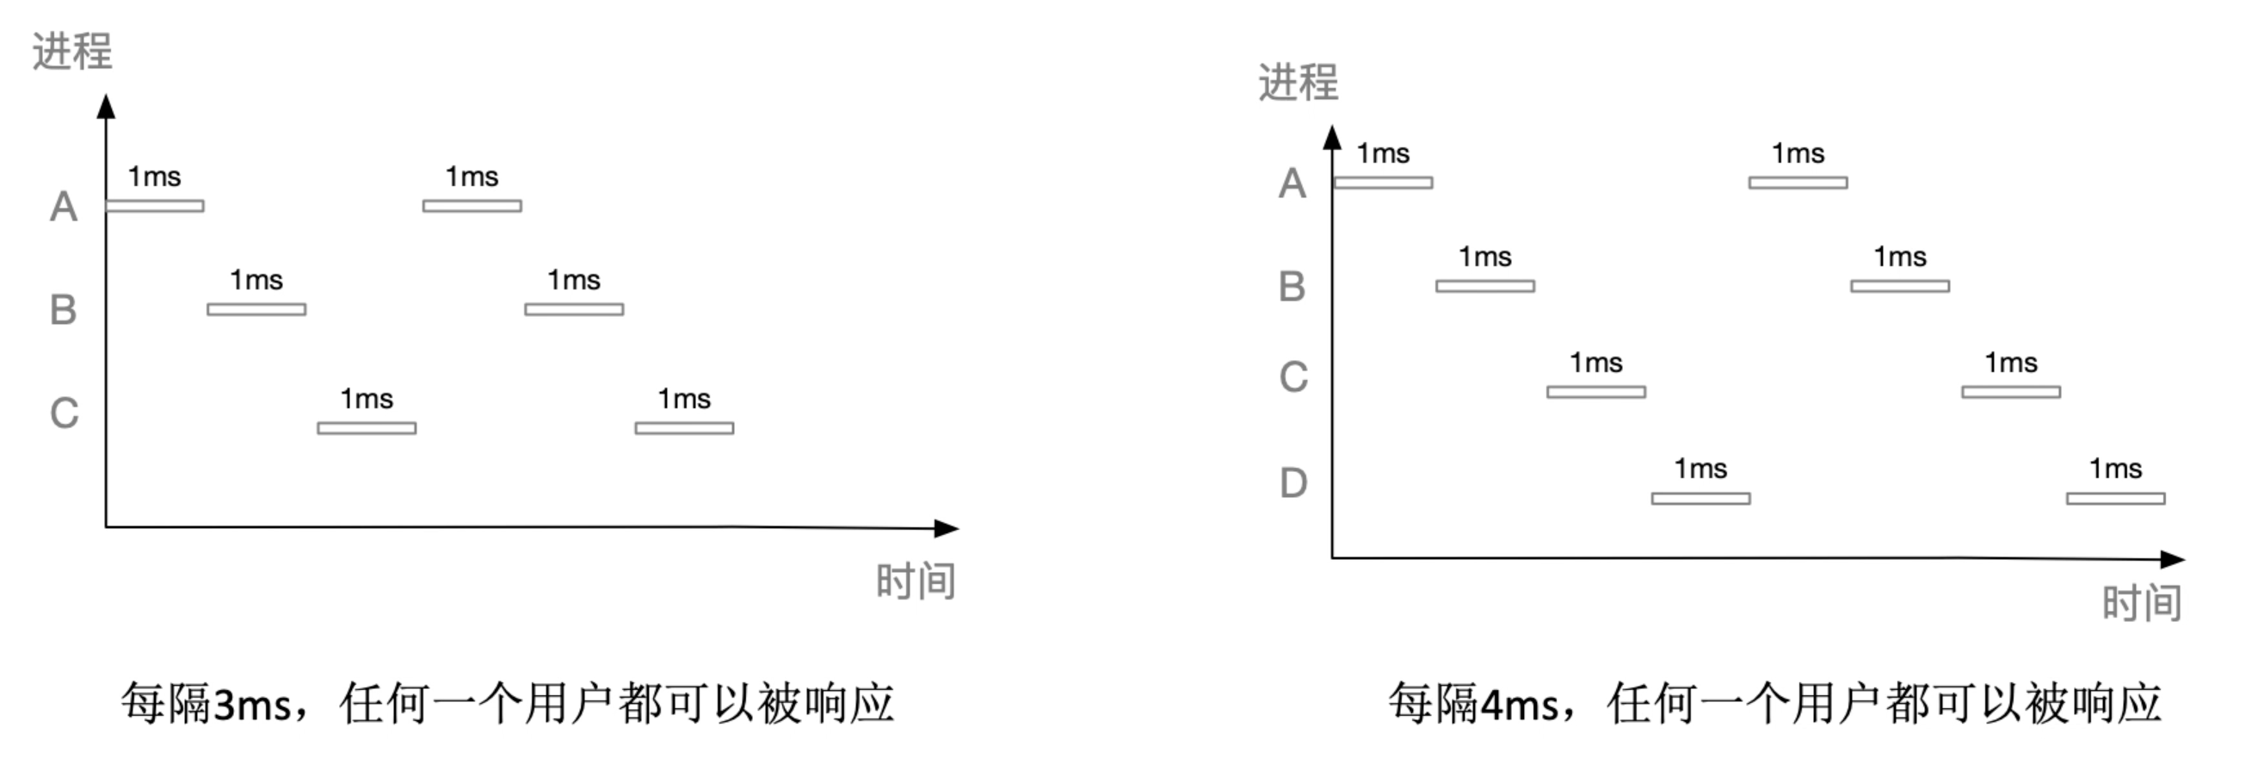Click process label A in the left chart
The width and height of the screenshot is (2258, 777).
[x=63, y=208]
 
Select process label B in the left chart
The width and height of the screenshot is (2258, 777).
[x=63, y=310]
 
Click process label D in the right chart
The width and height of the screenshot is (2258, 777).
[x=1292, y=483]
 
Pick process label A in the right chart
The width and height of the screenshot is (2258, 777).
[x=1292, y=184]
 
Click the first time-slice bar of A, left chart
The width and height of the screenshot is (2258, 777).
[x=155, y=206]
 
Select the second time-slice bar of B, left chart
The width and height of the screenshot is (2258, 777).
[x=574, y=309]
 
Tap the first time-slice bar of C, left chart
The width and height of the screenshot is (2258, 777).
[x=367, y=428]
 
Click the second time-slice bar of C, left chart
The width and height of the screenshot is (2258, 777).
[x=685, y=428]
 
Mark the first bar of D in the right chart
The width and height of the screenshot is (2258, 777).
[x=1700, y=498]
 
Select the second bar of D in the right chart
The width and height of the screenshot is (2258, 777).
[x=2116, y=498]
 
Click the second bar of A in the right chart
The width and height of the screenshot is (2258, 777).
[x=1798, y=183]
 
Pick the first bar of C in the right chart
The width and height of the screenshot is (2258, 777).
[x=1596, y=392]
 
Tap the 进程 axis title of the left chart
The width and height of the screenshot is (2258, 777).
[x=72, y=51]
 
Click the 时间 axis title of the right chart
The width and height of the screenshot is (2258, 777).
[x=2142, y=603]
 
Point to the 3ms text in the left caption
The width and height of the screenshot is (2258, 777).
[x=252, y=705]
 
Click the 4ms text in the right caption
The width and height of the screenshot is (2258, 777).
[x=1520, y=705]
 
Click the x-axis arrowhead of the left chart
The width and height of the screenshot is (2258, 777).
[x=947, y=528]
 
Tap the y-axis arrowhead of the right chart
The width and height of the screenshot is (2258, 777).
[x=1332, y=137]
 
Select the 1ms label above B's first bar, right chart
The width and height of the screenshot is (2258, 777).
[x=1485, y=257]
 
